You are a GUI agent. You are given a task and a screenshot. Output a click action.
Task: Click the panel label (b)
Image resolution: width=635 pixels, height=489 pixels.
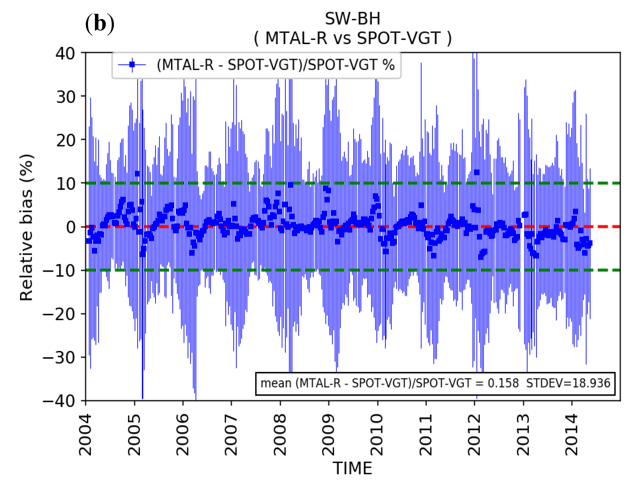point(100,24)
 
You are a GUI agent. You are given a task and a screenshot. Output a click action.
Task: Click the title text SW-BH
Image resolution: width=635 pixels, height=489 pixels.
point(352,19)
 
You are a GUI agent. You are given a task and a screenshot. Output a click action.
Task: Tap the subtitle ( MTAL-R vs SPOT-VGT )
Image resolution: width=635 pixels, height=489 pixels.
point(352,38)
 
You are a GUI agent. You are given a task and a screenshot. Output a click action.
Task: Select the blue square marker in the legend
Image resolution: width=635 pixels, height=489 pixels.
point(132,65)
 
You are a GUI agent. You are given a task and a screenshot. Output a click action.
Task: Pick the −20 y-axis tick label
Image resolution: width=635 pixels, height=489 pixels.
point(59,314)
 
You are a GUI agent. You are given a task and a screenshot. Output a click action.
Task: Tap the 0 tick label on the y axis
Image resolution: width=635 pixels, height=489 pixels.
point(71,227)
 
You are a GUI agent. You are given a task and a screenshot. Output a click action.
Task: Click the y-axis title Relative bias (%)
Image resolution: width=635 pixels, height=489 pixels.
point(26,227)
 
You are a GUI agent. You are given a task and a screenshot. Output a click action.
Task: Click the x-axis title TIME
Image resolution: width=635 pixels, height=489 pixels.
point(352,468)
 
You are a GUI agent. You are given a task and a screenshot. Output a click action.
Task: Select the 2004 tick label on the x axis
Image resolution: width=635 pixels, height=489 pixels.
point(86,435)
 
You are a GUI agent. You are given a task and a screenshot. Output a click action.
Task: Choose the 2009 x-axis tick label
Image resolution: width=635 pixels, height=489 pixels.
point(328,435)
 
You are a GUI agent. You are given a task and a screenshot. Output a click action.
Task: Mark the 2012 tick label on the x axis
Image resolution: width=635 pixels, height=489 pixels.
point(474,435)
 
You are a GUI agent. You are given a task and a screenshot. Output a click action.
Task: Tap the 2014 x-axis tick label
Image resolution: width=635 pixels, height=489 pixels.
point(571,435)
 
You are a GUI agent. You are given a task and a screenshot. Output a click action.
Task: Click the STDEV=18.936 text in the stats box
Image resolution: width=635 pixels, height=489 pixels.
point(568,383)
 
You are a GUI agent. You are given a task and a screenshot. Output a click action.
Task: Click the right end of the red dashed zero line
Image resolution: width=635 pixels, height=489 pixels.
point(618,226)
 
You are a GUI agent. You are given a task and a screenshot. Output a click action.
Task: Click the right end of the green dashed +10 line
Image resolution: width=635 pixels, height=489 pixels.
point(618,183)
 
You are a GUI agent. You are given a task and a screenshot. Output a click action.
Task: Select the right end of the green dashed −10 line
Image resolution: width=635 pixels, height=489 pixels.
point(618,270)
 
